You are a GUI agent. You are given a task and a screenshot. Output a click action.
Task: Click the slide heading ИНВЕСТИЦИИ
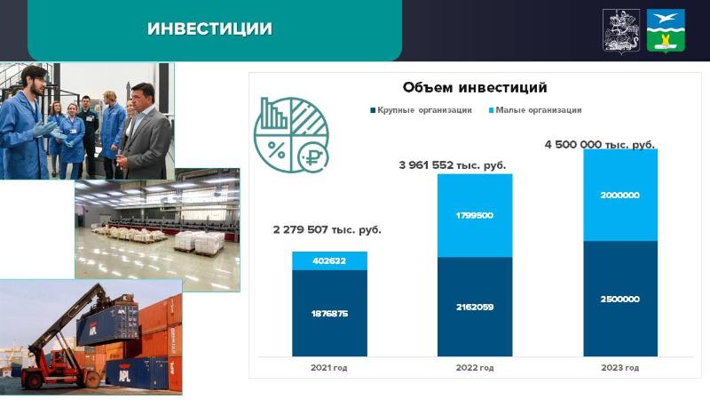[x=209, y=28]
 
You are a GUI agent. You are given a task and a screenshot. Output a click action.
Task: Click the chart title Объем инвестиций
[x=475, y=87]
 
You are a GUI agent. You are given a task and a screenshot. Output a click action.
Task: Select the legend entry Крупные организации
[x=421, y=110]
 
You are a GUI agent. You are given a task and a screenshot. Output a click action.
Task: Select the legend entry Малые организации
[x=535, y=110]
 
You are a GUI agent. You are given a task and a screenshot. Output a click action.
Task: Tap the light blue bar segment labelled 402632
[x=329, y=260]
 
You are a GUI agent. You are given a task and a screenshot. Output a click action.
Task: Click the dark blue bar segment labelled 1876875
[x=329, y=313]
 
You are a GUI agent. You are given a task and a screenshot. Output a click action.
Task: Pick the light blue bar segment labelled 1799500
[x=475, y=215]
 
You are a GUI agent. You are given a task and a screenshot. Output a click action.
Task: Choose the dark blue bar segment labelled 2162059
[x=475, y=307]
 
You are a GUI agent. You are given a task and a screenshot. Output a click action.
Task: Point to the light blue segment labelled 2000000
[x=620, y=195]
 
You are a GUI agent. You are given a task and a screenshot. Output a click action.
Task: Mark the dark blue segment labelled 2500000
[x=620, y=299]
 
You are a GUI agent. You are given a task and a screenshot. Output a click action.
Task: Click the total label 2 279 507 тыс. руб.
[x=327, y=229]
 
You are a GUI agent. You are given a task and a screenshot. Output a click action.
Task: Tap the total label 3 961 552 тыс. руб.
[x=453, y=165]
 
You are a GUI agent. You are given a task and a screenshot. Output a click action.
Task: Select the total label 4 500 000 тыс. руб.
[x=600, y=145]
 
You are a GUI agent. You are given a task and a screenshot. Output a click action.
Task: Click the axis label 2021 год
[x=329, y=368]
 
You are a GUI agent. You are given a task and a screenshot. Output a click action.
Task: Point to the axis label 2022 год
[x=475, y=368]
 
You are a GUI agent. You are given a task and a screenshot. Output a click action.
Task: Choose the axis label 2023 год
[x=620, y=368]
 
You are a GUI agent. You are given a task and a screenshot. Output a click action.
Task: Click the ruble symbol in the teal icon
[x=313, y=157]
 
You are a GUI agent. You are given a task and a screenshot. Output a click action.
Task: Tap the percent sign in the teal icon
[x=276, y=149]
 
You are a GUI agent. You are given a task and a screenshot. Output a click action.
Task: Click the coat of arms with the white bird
[x=666, y=31]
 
